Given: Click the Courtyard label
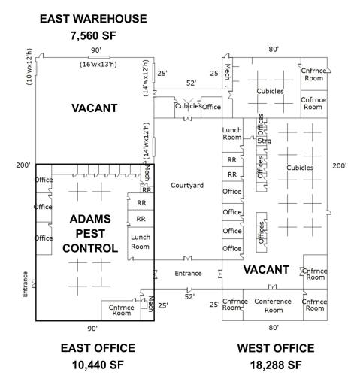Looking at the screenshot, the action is pos(187,186).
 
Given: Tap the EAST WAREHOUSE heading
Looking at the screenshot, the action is pos(93,19).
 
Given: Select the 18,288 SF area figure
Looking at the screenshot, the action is pos(276,365).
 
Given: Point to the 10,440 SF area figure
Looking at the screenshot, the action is pos(98,365).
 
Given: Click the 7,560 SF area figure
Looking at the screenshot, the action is pos(93,35).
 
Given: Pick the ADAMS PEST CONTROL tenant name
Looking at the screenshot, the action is pos(90,234).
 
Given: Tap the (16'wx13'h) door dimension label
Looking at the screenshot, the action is pos(98,65).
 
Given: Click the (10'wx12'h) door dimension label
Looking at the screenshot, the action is pos(29,67).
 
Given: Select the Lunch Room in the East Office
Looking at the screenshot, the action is pos(141,242).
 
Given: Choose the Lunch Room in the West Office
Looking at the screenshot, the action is pos(232,134).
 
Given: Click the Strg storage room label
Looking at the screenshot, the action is pos(264,141).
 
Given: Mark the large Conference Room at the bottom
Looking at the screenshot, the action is pos(273,305).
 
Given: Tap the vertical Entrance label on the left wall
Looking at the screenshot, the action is pos(25,284).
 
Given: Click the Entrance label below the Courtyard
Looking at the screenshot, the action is pos(188,273).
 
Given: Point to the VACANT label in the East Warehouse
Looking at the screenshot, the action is pos(95,108).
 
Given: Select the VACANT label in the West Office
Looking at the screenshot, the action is pos(266,270).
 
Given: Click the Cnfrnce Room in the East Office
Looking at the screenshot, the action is pos(122,310).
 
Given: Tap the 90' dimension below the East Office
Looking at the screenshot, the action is pos(92,329).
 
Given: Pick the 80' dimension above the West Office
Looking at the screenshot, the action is pos(274,50).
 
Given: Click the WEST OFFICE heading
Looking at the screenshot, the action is pos(276,348).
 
